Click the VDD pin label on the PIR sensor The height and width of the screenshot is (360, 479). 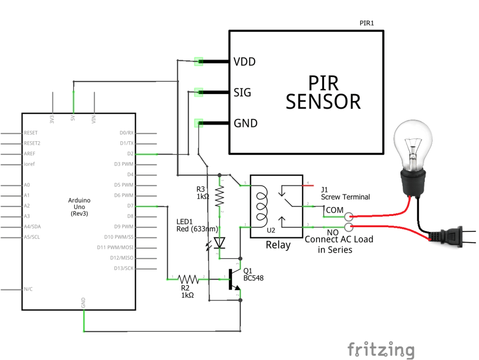tap(245, 61)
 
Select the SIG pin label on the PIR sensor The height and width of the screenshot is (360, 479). tap(242, 93)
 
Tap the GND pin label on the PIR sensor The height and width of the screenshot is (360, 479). tap(246, 123)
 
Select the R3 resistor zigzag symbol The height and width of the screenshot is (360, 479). tap(219, 196)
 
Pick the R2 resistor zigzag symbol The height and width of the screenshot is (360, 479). tap(188, 279)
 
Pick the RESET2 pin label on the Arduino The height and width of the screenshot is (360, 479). tap(32, 143)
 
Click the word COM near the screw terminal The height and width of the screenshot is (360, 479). tap(334, 210)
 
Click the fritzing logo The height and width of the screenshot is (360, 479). tap(381, 350)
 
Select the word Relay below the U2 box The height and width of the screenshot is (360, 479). tap(278, 245)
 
